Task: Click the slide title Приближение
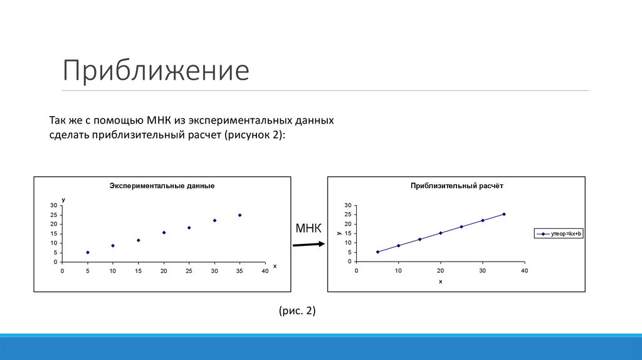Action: pyautogui.click(x=155, y=70)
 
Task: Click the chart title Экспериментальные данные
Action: pyautogui.click(x=162, y=186)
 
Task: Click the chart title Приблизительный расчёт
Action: pyautogui.click(x=456, y=186)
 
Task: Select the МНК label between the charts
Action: pyautogui.click(x=308, y=228)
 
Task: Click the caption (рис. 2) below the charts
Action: pyautogui.click(x=297, y=310)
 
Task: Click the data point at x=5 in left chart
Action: pyautogui.click(x=88, y=252)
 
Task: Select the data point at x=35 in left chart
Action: pyautogui.click(x=239, y=215)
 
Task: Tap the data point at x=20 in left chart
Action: pyautogui.click(x=164, y=233)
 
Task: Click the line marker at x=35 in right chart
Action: pyautogui.click(x=503, y=214)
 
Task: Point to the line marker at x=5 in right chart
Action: pyautogui.click(x=377, y=252)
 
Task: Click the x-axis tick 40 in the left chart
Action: pyautogui.click(x=265, y=271)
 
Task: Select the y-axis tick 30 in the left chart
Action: pyautogui.click(x=55, y=205)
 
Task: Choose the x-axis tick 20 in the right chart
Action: pyautogui.click(x=440, y=271)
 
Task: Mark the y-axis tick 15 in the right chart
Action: pyautogui.click(x=348, y=233)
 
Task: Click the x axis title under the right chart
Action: pyautogui.click(x=440, y=282)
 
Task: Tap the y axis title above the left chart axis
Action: pyautogui.click(x=63, y=199)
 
